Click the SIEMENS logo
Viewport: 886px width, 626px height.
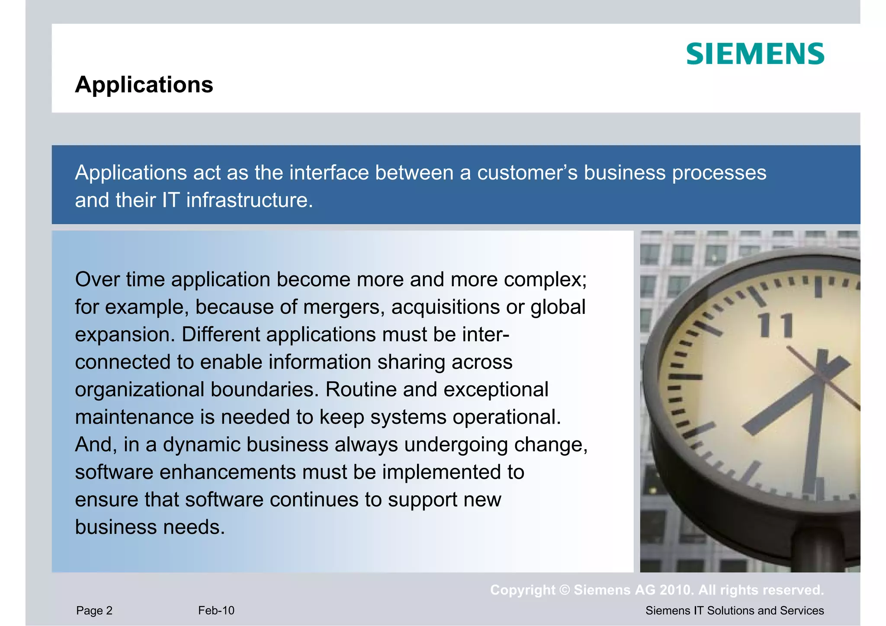755,54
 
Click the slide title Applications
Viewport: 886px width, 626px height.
144,84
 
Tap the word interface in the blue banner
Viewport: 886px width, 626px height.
329,173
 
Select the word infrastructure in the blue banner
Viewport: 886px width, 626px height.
250,201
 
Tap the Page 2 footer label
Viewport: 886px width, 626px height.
94,610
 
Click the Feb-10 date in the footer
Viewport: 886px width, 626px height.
216,610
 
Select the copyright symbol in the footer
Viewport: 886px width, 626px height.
565,590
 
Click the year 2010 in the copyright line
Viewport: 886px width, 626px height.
676,590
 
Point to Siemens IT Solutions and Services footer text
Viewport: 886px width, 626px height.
735,610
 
